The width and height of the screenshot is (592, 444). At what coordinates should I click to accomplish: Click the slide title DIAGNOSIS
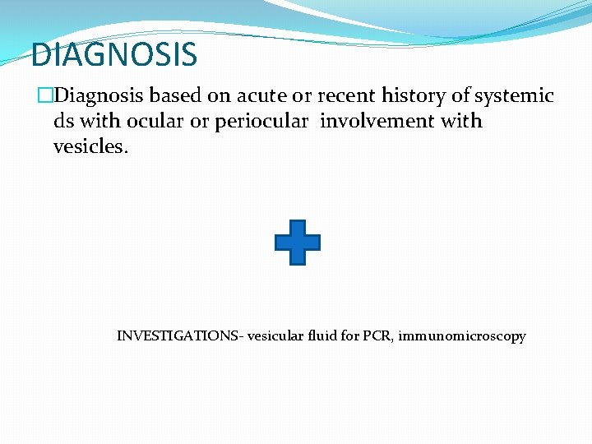pos(113,55)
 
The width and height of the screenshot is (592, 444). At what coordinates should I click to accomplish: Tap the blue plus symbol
pos(297,243)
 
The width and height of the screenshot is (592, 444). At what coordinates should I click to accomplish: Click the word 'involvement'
pos(377,122)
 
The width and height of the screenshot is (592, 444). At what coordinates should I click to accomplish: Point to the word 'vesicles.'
pos(91,146)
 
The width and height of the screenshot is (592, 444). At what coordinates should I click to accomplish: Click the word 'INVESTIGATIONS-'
pos(180,336)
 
